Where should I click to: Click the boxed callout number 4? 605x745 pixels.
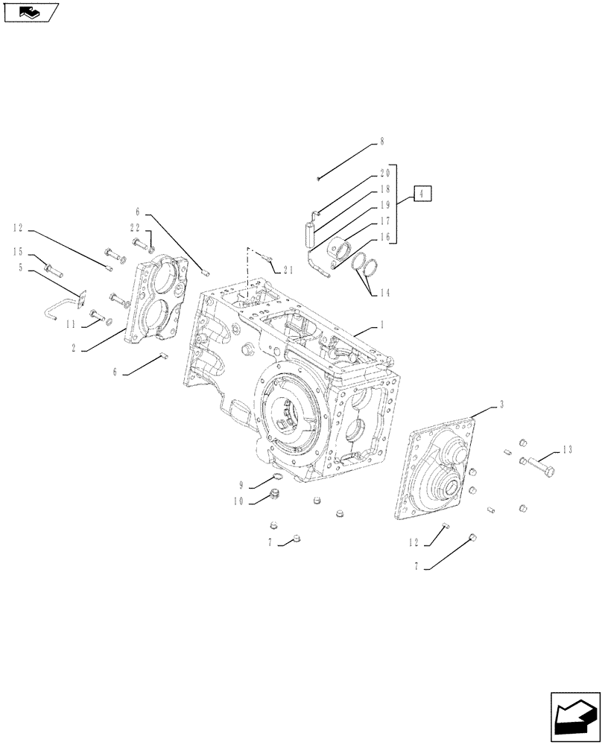click(421, 194)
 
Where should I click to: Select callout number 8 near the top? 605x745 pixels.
click(382, 141)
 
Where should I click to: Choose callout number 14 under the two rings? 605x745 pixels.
click(384, 293)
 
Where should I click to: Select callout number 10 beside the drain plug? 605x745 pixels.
click(238, 501)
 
